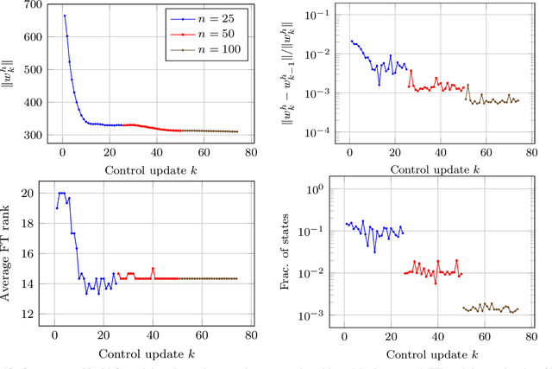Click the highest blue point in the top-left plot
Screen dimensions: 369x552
click(x=65, y=16)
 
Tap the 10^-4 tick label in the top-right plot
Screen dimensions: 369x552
click(x=320, y=133)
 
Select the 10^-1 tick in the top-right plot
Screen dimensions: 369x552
click(x=320, y=15)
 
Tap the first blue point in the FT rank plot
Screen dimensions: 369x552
click(x=56, y=207)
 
